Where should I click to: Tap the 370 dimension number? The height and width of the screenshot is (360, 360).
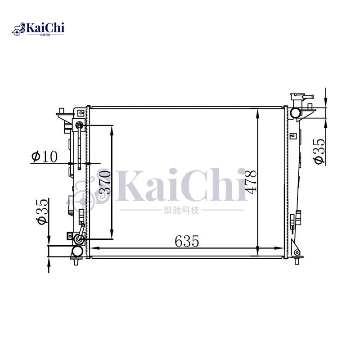click(x=104, y=182)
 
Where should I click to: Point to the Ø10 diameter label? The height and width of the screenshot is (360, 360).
click(x=45, y=157)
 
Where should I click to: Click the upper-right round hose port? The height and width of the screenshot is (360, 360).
click(x=296, y=112)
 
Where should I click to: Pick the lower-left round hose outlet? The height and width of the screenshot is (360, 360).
click(x=77, y=251)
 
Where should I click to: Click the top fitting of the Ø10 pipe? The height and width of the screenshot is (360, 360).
click(x=79, y=125)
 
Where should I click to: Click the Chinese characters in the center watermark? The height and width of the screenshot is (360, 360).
click(x=180, y=210)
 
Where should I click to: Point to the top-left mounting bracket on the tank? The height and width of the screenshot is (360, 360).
click(x=62, y=113)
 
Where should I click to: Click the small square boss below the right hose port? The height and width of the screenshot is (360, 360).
click(x=292, y=135)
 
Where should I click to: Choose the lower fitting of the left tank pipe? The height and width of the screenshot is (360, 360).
click(x=79, y=238)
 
